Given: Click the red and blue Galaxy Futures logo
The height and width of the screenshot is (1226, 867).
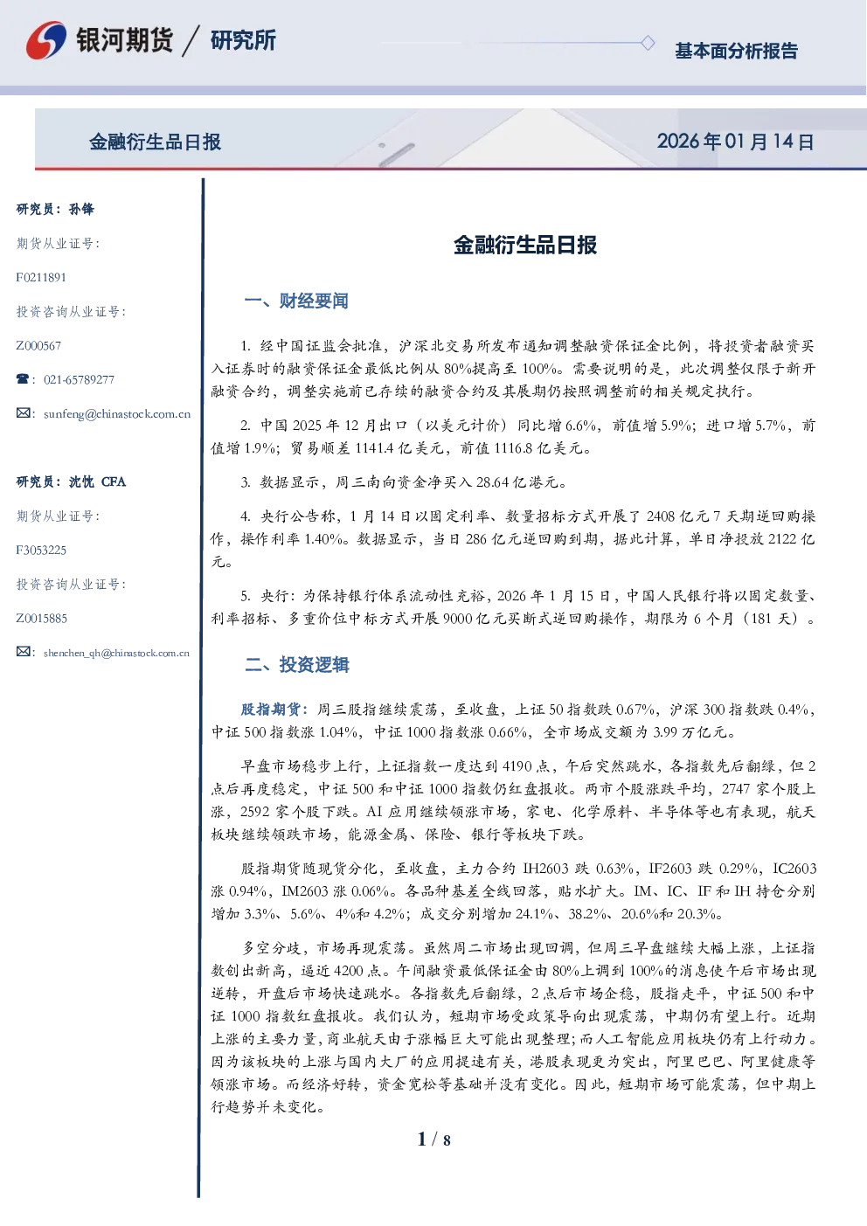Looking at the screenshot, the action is click(46, 40).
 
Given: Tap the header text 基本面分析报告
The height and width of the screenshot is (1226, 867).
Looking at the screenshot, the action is click(736, 51).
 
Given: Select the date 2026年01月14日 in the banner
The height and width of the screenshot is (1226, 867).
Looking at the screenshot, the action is click(735, 142).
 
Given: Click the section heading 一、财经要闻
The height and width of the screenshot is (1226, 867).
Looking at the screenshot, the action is click(296, 301).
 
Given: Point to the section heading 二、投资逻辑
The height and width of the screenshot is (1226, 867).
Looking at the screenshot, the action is click(296, 664).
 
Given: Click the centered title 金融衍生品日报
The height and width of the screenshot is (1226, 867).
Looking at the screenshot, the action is click(525, 245).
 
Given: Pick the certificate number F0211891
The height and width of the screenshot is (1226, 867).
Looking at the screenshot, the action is click(41, 278).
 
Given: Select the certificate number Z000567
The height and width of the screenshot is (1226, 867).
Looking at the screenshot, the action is click(38, 346).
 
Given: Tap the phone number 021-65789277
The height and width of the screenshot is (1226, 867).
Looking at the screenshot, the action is click(79, 380).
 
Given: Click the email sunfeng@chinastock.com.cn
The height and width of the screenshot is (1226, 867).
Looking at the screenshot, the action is click(117, 414).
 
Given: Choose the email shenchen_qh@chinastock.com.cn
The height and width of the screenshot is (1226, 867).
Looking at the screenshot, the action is click(116, 653).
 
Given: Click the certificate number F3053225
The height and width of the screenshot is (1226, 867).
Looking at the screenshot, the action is click(41, 550).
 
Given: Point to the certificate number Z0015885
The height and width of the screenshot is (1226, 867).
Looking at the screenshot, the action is click(42, 619).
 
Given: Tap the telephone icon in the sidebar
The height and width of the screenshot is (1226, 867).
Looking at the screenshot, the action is click(23, 378).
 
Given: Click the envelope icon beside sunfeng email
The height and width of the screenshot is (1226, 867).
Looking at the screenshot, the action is click(23, 413).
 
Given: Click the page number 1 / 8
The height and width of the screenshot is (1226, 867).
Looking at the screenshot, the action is click(433, 1139).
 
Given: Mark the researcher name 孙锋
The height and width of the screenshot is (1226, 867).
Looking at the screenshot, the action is click(81, 209).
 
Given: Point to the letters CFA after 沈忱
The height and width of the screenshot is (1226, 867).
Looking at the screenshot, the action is click(114, 481).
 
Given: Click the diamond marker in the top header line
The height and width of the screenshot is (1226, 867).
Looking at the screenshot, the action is click(648, 43).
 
